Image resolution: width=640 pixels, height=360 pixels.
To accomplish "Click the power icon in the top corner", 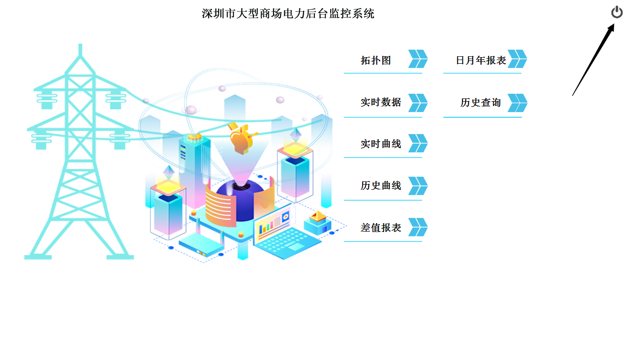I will (x=617, y=12).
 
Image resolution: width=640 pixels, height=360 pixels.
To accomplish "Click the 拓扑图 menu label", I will (x=376, y=60).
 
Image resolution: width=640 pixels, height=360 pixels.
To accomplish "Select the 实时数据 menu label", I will (x=381, y=102).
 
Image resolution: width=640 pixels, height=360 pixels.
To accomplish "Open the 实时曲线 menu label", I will (x=381, y=144).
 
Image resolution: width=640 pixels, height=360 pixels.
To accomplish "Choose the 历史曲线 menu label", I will (x=381, y=186).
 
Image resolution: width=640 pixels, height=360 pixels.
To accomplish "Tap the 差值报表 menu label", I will (x=381, y=227).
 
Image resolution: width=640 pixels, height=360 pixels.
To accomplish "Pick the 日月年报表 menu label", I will (x=481, y=60).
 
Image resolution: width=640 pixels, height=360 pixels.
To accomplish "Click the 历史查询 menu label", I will (x=481, y=102).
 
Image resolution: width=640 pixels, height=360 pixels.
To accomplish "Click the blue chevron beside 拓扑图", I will (x=418, y=59).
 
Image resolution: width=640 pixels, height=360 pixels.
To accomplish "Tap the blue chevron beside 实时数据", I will (x=418, y=103).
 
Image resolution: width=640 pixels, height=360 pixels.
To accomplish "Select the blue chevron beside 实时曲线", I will (x=418, y=143).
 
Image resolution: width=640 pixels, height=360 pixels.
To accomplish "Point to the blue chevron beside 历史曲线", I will (x=418, y=186).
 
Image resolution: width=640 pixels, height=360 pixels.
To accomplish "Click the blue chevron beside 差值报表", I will (x=418, y=227).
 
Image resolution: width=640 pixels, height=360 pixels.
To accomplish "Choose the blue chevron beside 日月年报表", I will (x=517, y=59).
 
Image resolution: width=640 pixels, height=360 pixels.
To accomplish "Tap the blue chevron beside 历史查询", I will (x=517, y=103).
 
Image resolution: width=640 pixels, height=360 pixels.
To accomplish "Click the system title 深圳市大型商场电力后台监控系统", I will (x=288, y=13).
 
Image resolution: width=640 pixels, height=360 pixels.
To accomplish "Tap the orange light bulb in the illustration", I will (x=241, y=139).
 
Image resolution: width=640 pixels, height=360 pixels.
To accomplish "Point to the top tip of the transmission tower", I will (x=80, y=45).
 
